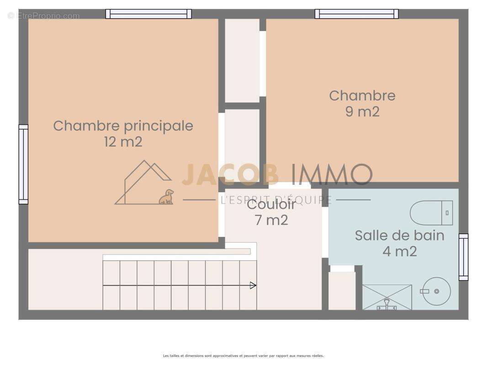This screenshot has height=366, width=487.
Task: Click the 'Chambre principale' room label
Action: tap(123, 126)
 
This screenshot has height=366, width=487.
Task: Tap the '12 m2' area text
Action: tap(123, 142)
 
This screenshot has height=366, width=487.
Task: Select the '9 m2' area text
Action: tap(362, 112)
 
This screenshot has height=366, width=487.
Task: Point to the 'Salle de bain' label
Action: tap(399, 235)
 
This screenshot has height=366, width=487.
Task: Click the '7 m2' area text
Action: tap(271, 220)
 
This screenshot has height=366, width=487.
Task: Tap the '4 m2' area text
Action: tap(399, 251)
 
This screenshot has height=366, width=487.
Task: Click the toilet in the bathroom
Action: tap(431, 213)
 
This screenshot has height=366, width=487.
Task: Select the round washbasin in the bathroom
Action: tap(436, 291)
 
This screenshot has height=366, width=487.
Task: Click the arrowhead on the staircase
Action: tap(253, 285)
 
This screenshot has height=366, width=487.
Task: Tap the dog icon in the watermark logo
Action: tap(167, 197)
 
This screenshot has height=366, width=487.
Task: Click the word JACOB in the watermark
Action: tap(230, 174)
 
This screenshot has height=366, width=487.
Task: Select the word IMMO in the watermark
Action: tap(332, 174)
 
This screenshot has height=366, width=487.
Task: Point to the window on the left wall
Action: tap(23, 164)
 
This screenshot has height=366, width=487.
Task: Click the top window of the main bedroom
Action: tap(148, 14)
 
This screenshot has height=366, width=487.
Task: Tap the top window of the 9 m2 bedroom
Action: tap(356, 14)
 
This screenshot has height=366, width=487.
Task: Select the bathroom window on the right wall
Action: tap(463, 257)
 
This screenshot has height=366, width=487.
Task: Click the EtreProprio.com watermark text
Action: tap(44, 16)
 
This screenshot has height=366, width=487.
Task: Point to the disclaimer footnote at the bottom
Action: tap(243, 355)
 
